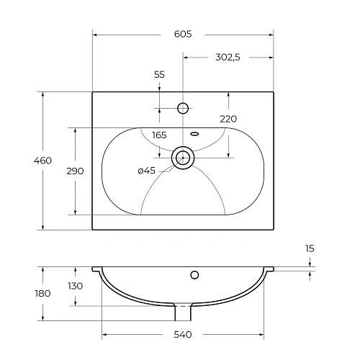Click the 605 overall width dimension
[182, 34]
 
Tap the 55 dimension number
[160, 74]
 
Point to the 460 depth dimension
[43, 161]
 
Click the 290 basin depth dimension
[75, 171]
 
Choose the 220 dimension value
[228, 119]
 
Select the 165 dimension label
[159, 135]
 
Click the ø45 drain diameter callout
[146, 171]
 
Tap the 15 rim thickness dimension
[310, 248]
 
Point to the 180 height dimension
[42, 293]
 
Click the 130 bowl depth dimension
[75, 286]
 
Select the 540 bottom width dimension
[182, 335]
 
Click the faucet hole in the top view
[183, 109]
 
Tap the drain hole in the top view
[183, 158]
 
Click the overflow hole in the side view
[194, 274]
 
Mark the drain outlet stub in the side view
[183, 313]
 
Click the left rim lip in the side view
[96, 269]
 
